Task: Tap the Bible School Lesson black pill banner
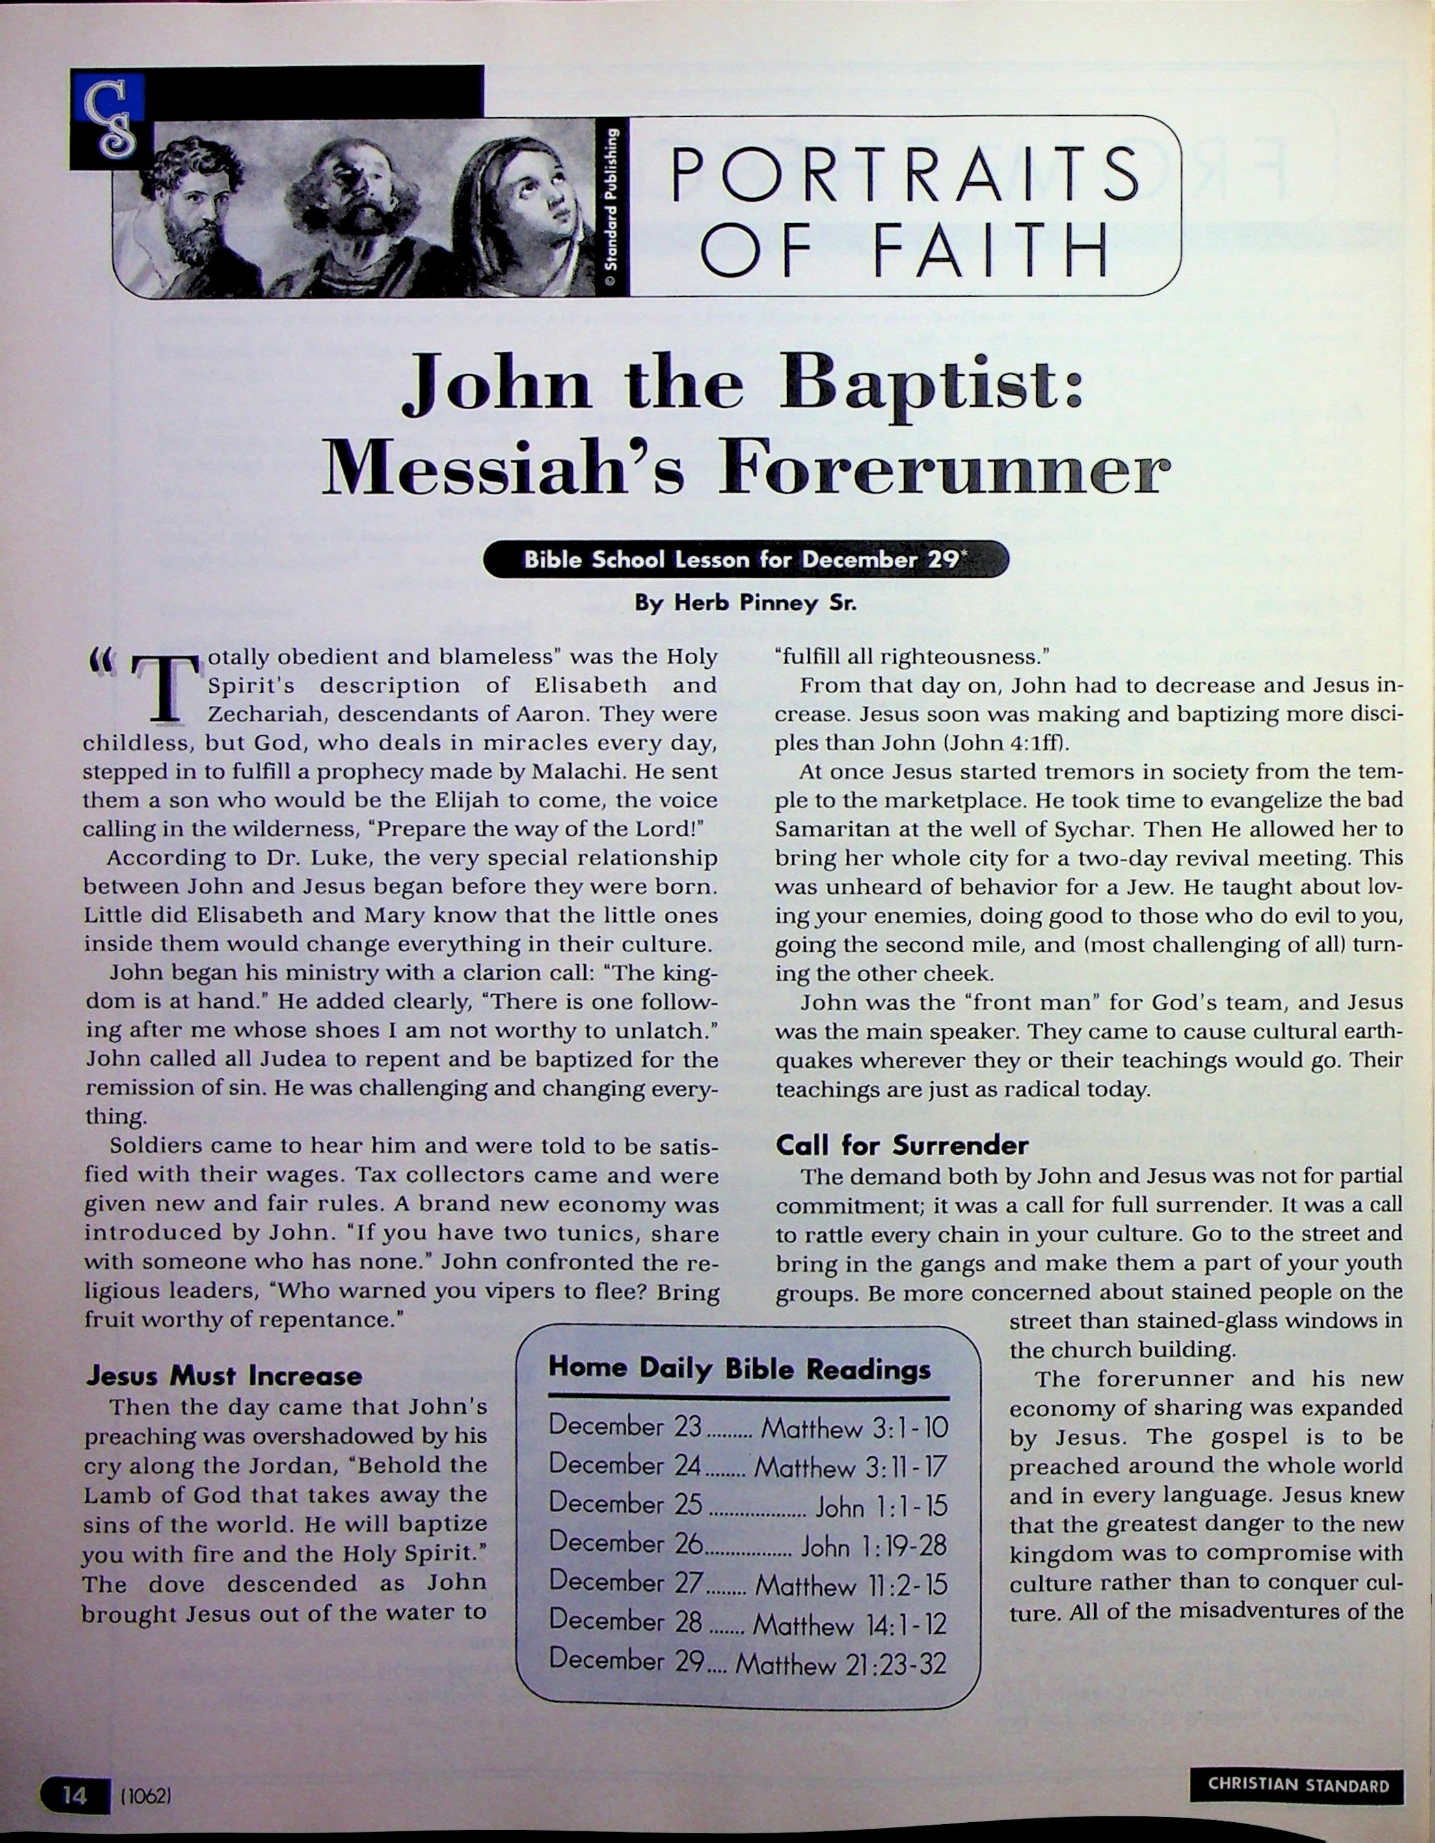745,559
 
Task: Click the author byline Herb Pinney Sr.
745,602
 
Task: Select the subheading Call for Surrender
901,1144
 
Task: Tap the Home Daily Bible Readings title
739,1368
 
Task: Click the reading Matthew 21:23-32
840,1663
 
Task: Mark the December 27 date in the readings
625,1582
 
